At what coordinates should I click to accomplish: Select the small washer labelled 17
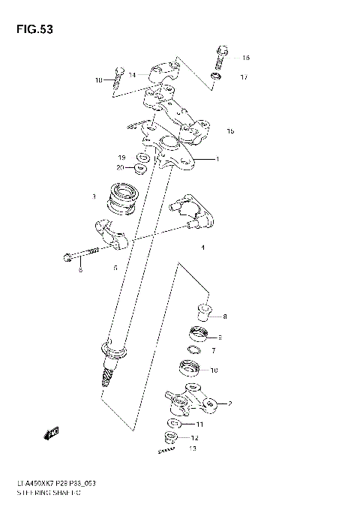[x=215, y=76]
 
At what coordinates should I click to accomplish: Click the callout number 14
[x=132, y=75]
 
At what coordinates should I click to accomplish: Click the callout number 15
[x=230, y=131]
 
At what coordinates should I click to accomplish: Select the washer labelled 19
[x=140, y=157]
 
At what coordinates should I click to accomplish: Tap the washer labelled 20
[x=140, y=168]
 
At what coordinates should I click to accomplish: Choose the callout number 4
[x=202, y=247]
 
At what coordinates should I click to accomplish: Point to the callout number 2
[x=229, y=403]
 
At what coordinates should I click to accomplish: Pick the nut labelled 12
[x=171, y=438]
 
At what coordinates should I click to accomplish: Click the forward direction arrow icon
[x=52, y=432]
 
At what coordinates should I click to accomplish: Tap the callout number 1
[x=217, y=160]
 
